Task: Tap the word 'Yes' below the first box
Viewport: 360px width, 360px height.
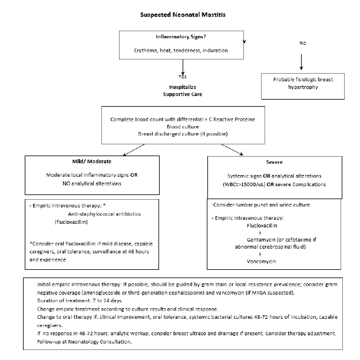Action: click(183, 77)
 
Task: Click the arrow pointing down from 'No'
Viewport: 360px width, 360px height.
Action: click(302, 61)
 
